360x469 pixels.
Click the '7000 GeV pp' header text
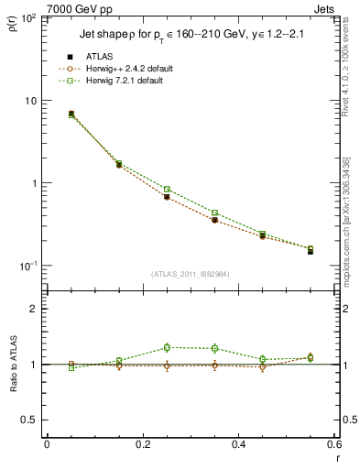[75, 7]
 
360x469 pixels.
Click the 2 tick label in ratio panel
[32, 309]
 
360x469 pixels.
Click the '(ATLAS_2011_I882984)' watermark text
[190, 274]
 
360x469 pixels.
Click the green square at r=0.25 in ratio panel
[167, 347]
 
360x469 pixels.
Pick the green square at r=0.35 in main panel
[214, 213]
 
